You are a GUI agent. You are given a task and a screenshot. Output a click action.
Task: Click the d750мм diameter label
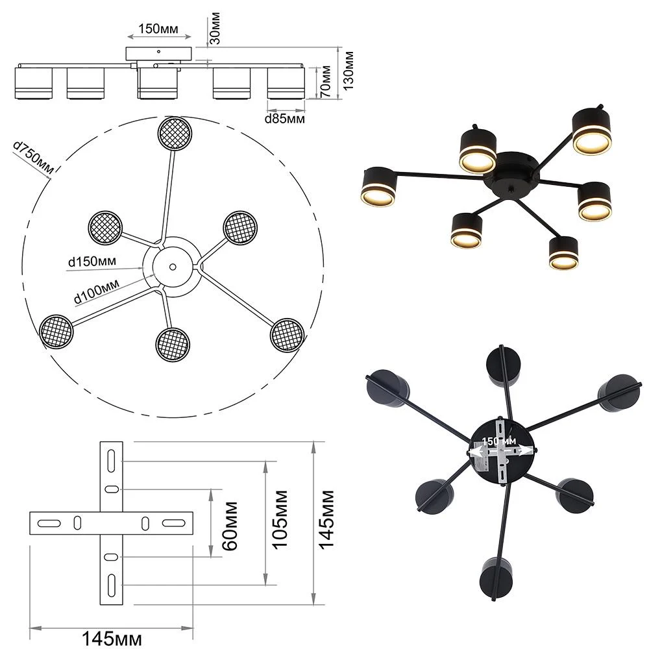(34, 157)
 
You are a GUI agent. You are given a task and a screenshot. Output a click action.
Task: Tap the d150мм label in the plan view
(92, 262)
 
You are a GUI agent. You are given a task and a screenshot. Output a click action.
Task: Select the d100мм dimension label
(97, 291)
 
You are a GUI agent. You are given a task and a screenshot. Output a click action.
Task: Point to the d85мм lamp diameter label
(285, 119)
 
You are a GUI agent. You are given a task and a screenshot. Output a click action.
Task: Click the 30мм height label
(215, 28)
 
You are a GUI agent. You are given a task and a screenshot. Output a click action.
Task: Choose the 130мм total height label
(348, 71)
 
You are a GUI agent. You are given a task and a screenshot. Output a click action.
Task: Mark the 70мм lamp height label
(325, 81)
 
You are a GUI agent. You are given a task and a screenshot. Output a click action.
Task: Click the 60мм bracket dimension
(230, 526)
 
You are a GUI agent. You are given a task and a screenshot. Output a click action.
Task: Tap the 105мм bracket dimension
(280, 520)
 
